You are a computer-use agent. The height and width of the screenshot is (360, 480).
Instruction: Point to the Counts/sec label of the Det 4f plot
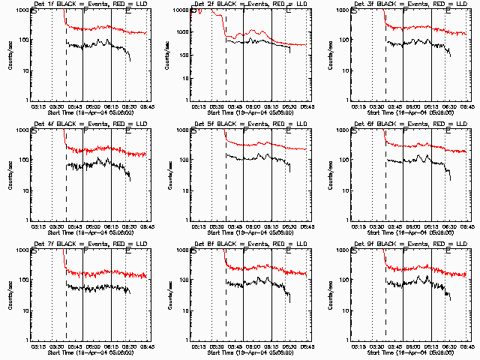(x=9, y=175)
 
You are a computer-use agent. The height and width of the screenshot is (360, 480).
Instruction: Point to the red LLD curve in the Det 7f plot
(x=97, y=272)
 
